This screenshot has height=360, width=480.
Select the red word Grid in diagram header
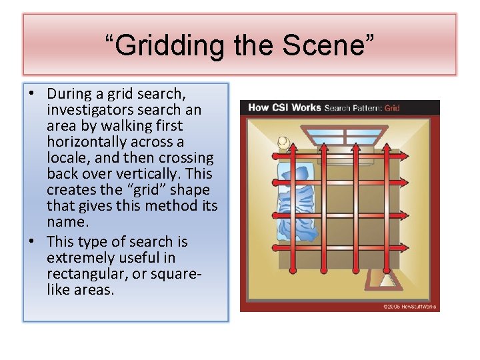392,107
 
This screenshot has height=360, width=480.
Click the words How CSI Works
285,107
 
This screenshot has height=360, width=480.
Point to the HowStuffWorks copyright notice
409,307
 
